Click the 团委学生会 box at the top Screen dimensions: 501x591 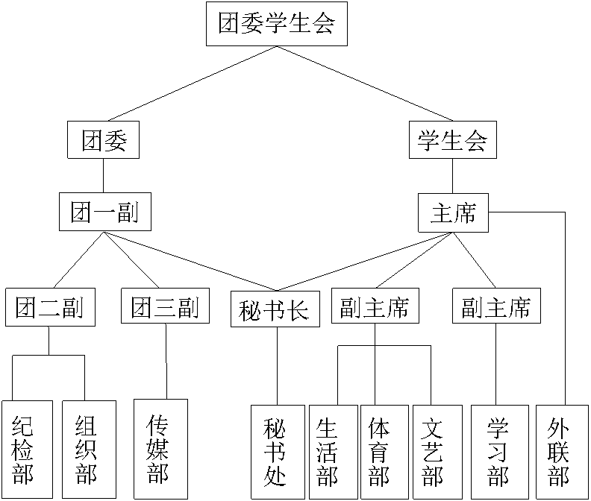click(276, 24)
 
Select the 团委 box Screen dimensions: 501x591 click(104, 140)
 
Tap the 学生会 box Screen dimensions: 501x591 click(452, 140)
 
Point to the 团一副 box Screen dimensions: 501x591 click(104, 212)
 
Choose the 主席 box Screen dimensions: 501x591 click(453, 214)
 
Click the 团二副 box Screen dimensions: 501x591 click(50, 307)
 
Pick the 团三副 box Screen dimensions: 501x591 click(165, 306)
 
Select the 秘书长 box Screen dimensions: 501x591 click(275, 309)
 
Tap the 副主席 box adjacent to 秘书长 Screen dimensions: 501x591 click(375, 306)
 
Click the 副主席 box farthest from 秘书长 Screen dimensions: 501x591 click(496, 306)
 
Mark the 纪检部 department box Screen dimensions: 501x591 click(27, 450)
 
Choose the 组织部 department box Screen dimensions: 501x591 click(89, 449)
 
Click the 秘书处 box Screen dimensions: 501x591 click(278, 452)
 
